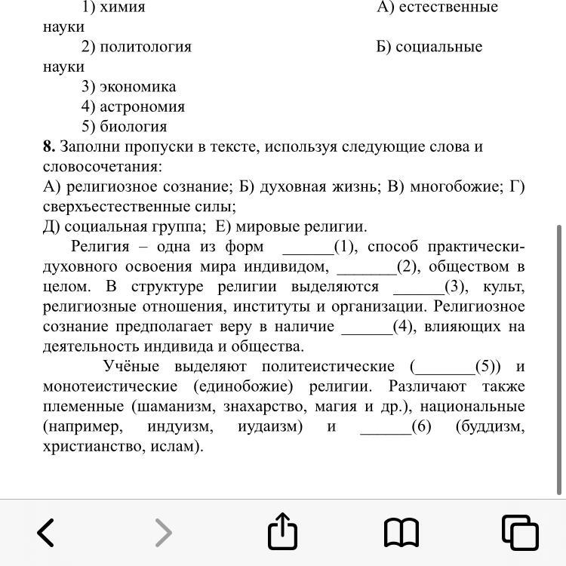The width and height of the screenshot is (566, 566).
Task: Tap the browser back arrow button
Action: click(x=46, y=533)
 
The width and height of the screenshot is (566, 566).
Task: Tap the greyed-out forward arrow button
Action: click(x=163, y=533)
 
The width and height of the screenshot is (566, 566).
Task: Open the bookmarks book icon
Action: click(x=401, y=533)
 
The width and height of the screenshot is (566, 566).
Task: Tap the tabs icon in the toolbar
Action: click(x=520, y=532)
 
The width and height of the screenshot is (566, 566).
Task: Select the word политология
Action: click(x=146, y=47)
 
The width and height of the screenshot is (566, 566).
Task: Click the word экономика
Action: click(x=138, y=87)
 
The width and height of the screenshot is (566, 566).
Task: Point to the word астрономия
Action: click(x=143, y=106)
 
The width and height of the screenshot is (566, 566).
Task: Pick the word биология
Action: click(x=134, y=127)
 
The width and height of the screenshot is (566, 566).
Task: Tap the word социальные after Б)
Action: click(x=440, y=47)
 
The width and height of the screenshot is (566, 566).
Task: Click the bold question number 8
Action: click(x=48, y=146)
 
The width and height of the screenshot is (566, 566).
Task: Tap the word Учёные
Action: click(x=131, y=367)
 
